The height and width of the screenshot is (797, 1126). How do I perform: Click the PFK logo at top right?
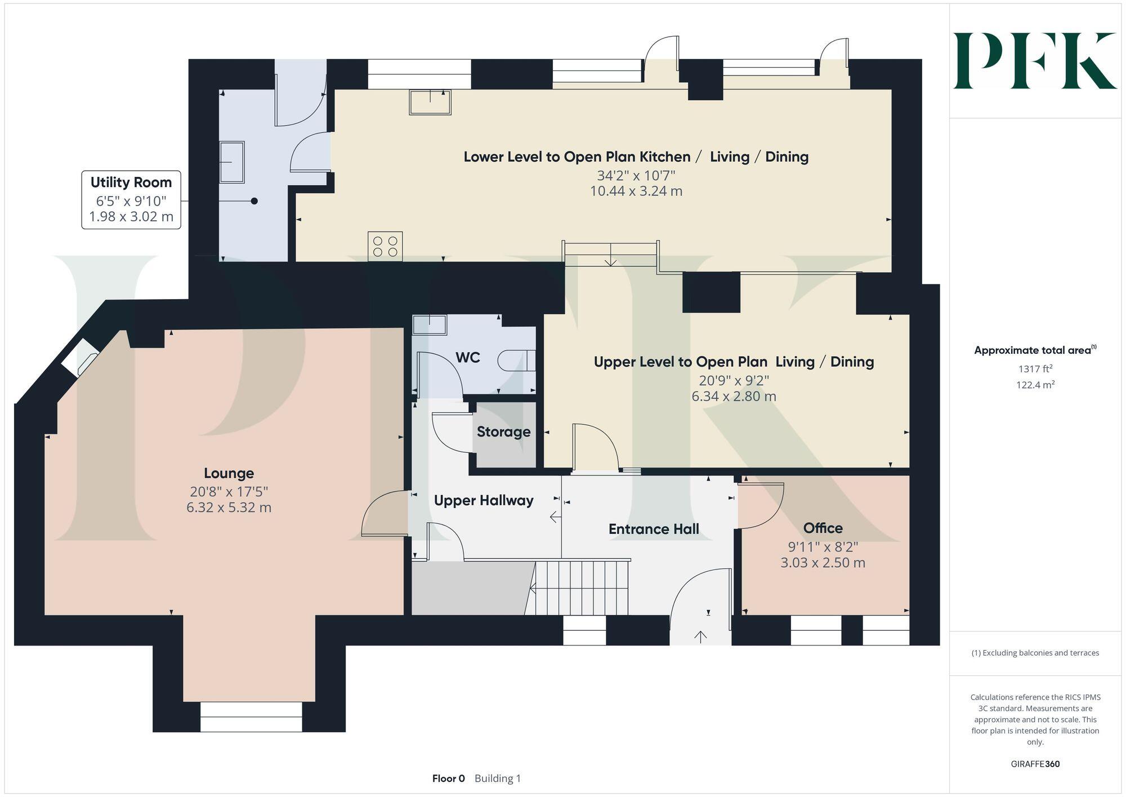[x=1035, y=61]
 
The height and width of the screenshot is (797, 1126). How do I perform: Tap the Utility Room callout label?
[x=131, y=182]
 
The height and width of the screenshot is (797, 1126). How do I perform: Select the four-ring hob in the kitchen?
[x=385, y=246]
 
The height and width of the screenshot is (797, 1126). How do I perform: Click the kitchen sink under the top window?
[x=430, y=102]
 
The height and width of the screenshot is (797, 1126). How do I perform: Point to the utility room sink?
[x=231, y=162]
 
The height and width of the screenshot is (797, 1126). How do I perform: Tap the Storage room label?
[x=503, y=432]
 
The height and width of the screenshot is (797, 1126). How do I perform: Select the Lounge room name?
[x=229, y=473]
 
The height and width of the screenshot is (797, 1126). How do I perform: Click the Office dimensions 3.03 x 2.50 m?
[x=823, y=563]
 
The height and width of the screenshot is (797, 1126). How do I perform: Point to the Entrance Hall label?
[x=654, y=529]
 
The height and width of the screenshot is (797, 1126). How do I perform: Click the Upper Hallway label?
[x=483, y=500]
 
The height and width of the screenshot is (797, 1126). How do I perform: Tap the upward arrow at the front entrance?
[x=700, y=636]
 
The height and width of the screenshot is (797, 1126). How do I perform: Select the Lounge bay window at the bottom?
[x=251, y=716]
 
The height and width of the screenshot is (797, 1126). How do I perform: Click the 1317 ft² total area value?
[x=1035, y=369]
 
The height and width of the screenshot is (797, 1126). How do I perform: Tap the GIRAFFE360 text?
[x=1035, y=764]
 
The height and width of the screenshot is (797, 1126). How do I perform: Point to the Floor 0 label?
[x=448, y=778]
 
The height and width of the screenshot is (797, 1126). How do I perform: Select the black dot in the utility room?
[x=254, y=201]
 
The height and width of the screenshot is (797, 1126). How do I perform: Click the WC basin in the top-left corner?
[x=430, y=325]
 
